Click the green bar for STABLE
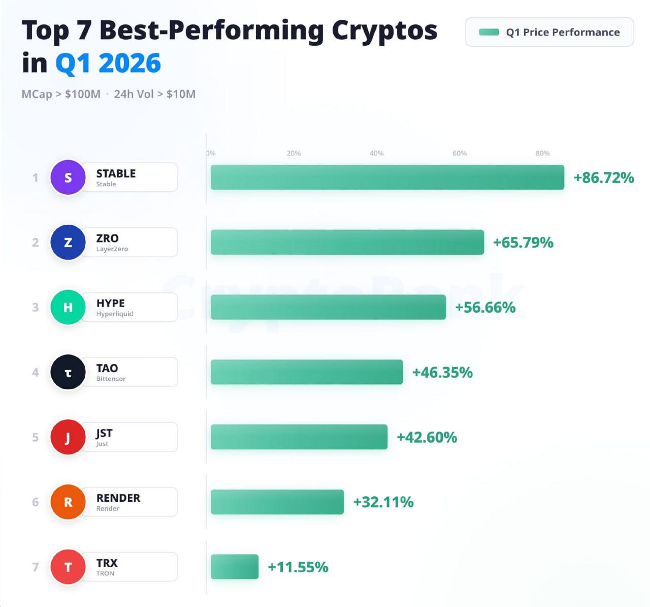(387, 177)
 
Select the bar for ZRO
(347, 242)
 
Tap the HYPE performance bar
(328, 307)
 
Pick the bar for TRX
(235, 567)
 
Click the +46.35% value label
(442, 373)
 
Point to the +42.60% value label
(427, 437)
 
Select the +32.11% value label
(383, 502)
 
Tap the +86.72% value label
(603, 178)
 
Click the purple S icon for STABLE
(68, 177)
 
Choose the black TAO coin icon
(68, 372)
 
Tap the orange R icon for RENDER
(68, 502)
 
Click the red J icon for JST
(68, 437)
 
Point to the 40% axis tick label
(376, 153)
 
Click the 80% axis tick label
(542, 153)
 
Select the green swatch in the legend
(489, 32)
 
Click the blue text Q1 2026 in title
(108, 63)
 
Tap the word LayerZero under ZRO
(112, 249)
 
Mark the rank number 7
(36, 567)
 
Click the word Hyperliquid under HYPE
(115, 314)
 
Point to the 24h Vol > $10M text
(154, 94)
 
